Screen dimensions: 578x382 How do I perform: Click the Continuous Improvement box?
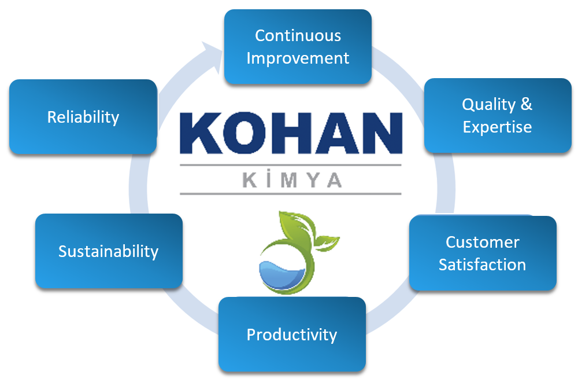(298, 46)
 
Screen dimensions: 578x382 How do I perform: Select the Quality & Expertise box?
(498, 116)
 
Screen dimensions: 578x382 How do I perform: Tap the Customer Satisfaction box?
(483, 253)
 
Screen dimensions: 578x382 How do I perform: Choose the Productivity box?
(292, 335)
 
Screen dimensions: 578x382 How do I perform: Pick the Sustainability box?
(109, 251)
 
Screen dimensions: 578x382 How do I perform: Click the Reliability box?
(83, 117)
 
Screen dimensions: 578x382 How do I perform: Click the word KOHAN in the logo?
(291, 133)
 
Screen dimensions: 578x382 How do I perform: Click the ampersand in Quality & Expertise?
(527, 104)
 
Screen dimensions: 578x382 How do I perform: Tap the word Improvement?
(298, 58)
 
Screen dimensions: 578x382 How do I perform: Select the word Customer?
(483, 243)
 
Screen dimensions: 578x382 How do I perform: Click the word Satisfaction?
(482, 265)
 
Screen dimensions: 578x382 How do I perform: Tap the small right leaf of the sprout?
(326, 243)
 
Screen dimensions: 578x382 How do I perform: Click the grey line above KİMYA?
(291, 165)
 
